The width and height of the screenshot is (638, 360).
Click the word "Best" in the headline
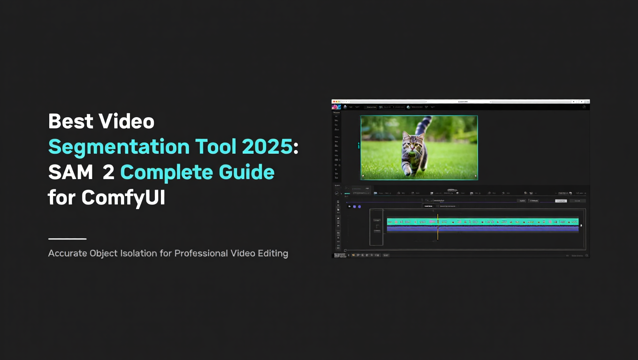click(69, 122)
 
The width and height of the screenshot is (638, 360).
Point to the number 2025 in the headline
click(267, 147)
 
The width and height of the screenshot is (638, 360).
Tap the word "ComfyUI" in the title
click(123, 198)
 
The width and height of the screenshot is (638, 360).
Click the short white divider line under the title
click(67, 239)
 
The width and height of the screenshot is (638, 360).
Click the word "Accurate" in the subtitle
click(68, 254)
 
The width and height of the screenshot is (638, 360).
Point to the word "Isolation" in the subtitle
click(152, 254)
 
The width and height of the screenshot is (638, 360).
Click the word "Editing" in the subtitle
click(273, 254)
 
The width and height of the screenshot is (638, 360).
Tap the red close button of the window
click(334, 101)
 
